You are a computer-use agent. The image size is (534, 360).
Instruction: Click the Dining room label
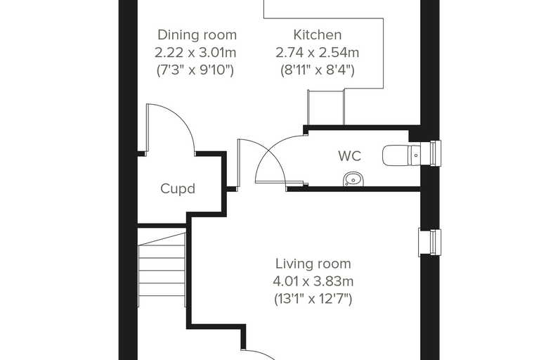(197, 35)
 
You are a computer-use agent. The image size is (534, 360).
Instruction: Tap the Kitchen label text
(318, 35)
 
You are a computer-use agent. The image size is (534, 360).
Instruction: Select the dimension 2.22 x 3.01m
(195, 53)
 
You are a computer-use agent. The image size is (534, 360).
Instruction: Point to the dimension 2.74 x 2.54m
(317, 53)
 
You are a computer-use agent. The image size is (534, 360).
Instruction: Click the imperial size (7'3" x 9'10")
(195, 70)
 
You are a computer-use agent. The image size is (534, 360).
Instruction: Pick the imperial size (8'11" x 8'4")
(318, 70)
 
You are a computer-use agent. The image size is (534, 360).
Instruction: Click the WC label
(350, 156)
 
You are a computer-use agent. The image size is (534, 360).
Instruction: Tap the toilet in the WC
(402, 155)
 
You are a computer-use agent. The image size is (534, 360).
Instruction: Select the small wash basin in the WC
(353, 179)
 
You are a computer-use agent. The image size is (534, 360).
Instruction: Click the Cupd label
(178, 188)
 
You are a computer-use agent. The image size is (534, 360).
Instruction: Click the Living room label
(313, 264)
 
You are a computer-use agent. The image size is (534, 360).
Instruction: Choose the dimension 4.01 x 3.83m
(313, 281)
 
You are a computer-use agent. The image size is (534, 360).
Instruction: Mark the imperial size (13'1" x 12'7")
(313, 300)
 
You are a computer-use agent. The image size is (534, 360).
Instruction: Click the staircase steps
(162, 269)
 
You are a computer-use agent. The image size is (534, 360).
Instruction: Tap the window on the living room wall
(430, 243)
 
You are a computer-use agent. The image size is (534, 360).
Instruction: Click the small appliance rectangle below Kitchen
(326, 108)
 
